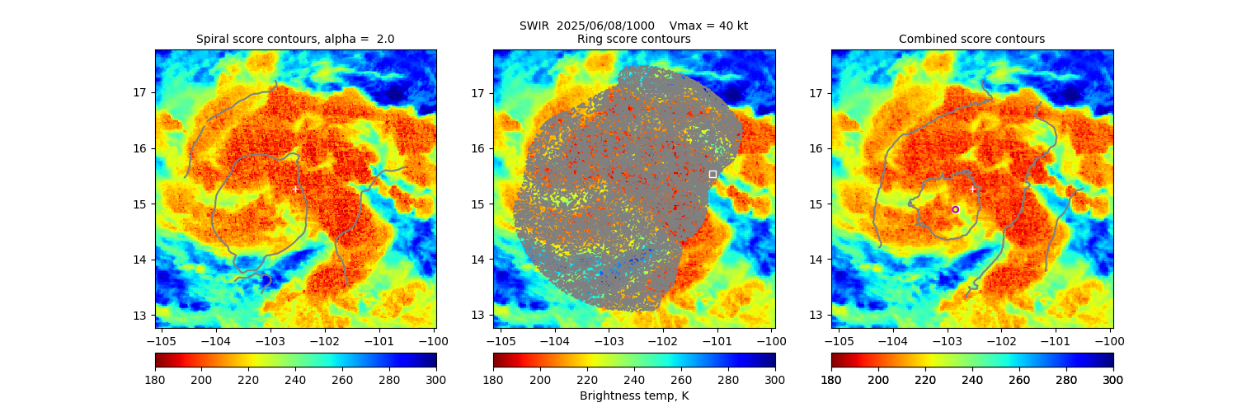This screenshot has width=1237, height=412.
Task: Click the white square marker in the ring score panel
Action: [713, 174]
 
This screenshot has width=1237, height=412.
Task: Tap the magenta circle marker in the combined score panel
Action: [956, 209]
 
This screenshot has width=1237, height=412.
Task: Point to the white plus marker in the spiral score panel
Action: [296, 189]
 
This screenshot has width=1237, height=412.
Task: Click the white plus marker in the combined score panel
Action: [972, 189]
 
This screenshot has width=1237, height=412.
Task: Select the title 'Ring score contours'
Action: [633, 39]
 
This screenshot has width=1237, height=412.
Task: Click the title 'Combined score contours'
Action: [971, 39]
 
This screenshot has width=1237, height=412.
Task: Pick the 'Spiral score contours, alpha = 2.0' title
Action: [295, 39]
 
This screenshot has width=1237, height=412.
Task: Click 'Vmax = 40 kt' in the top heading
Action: [709, 26]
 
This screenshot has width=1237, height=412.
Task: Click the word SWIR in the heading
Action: [534, 26]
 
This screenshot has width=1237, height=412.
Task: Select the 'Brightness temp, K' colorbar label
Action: [634, 396]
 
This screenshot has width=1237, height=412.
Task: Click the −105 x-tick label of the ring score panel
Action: [498, 339]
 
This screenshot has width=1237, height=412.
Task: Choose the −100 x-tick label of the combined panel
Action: [1110, 339]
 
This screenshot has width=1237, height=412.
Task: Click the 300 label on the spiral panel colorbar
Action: [436, 380]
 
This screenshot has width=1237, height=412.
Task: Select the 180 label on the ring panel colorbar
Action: [493, 380]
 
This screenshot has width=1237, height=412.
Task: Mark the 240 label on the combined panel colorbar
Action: [972, 380]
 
